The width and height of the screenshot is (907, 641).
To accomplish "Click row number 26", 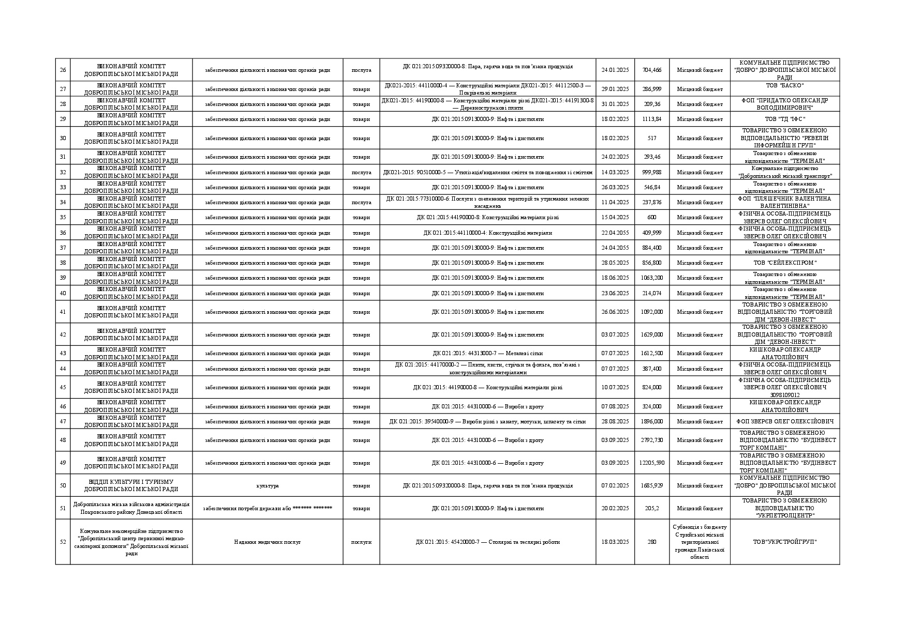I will [x=63, y=70].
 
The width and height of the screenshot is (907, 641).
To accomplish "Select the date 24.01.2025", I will [x=615, y=70].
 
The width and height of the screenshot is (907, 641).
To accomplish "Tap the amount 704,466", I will [x=652, y=70].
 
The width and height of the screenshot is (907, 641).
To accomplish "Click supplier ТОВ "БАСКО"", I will [x=784, y=85].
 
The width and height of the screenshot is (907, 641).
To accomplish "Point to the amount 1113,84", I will [x=652, y=119].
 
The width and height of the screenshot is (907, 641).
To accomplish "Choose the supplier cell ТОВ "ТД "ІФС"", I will [x=784, y=119].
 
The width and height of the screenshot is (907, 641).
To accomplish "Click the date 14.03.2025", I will [x=615, y=172].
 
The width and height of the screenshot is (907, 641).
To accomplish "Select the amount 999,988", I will [x=652, y=172].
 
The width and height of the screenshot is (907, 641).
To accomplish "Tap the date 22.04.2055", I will [x=615, y=233].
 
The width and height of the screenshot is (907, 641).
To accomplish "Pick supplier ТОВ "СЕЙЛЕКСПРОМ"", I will [x=784, y=263].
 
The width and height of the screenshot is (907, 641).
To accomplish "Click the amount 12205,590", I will [x=652, y=463].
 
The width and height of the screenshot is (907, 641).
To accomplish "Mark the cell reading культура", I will [x=267, y=485].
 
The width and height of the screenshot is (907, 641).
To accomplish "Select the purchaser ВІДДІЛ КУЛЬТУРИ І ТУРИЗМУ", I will [x=131, y=485].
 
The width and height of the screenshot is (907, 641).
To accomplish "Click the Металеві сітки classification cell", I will [x=487, y=353].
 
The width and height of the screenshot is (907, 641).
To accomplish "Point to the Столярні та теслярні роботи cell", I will [x=487, y=542].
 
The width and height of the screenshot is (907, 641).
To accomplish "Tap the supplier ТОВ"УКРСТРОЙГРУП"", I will [x=784, y=542].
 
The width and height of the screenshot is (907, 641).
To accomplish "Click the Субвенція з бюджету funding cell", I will [x=700, y=542].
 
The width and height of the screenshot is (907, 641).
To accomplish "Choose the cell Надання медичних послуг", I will [x=267, y=542].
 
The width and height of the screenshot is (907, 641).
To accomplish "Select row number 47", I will [x=63, y=421].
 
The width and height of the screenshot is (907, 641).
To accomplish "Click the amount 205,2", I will [x=652, y=508].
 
